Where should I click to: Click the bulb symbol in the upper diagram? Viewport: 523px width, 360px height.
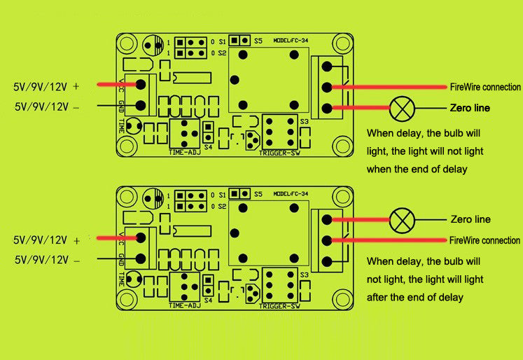coord(402,108)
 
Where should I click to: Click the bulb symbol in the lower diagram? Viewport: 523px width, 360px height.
coord(402,220)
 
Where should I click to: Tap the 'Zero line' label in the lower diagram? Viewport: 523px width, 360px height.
coord(471,219)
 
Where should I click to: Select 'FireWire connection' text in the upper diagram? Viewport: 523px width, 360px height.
coord(485,87)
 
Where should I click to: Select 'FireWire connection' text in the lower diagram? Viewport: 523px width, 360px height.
coord(484,240)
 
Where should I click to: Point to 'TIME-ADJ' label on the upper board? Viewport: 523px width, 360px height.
coord(185,152)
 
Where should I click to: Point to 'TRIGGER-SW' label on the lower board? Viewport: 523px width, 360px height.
coord(279,306)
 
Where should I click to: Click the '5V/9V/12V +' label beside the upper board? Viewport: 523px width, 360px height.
coord(46,87)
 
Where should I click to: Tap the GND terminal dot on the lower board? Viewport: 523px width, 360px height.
coord(141,259)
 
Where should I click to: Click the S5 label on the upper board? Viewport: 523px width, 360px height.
coord(258,40)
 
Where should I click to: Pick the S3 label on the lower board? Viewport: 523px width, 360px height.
coord(303,275)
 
